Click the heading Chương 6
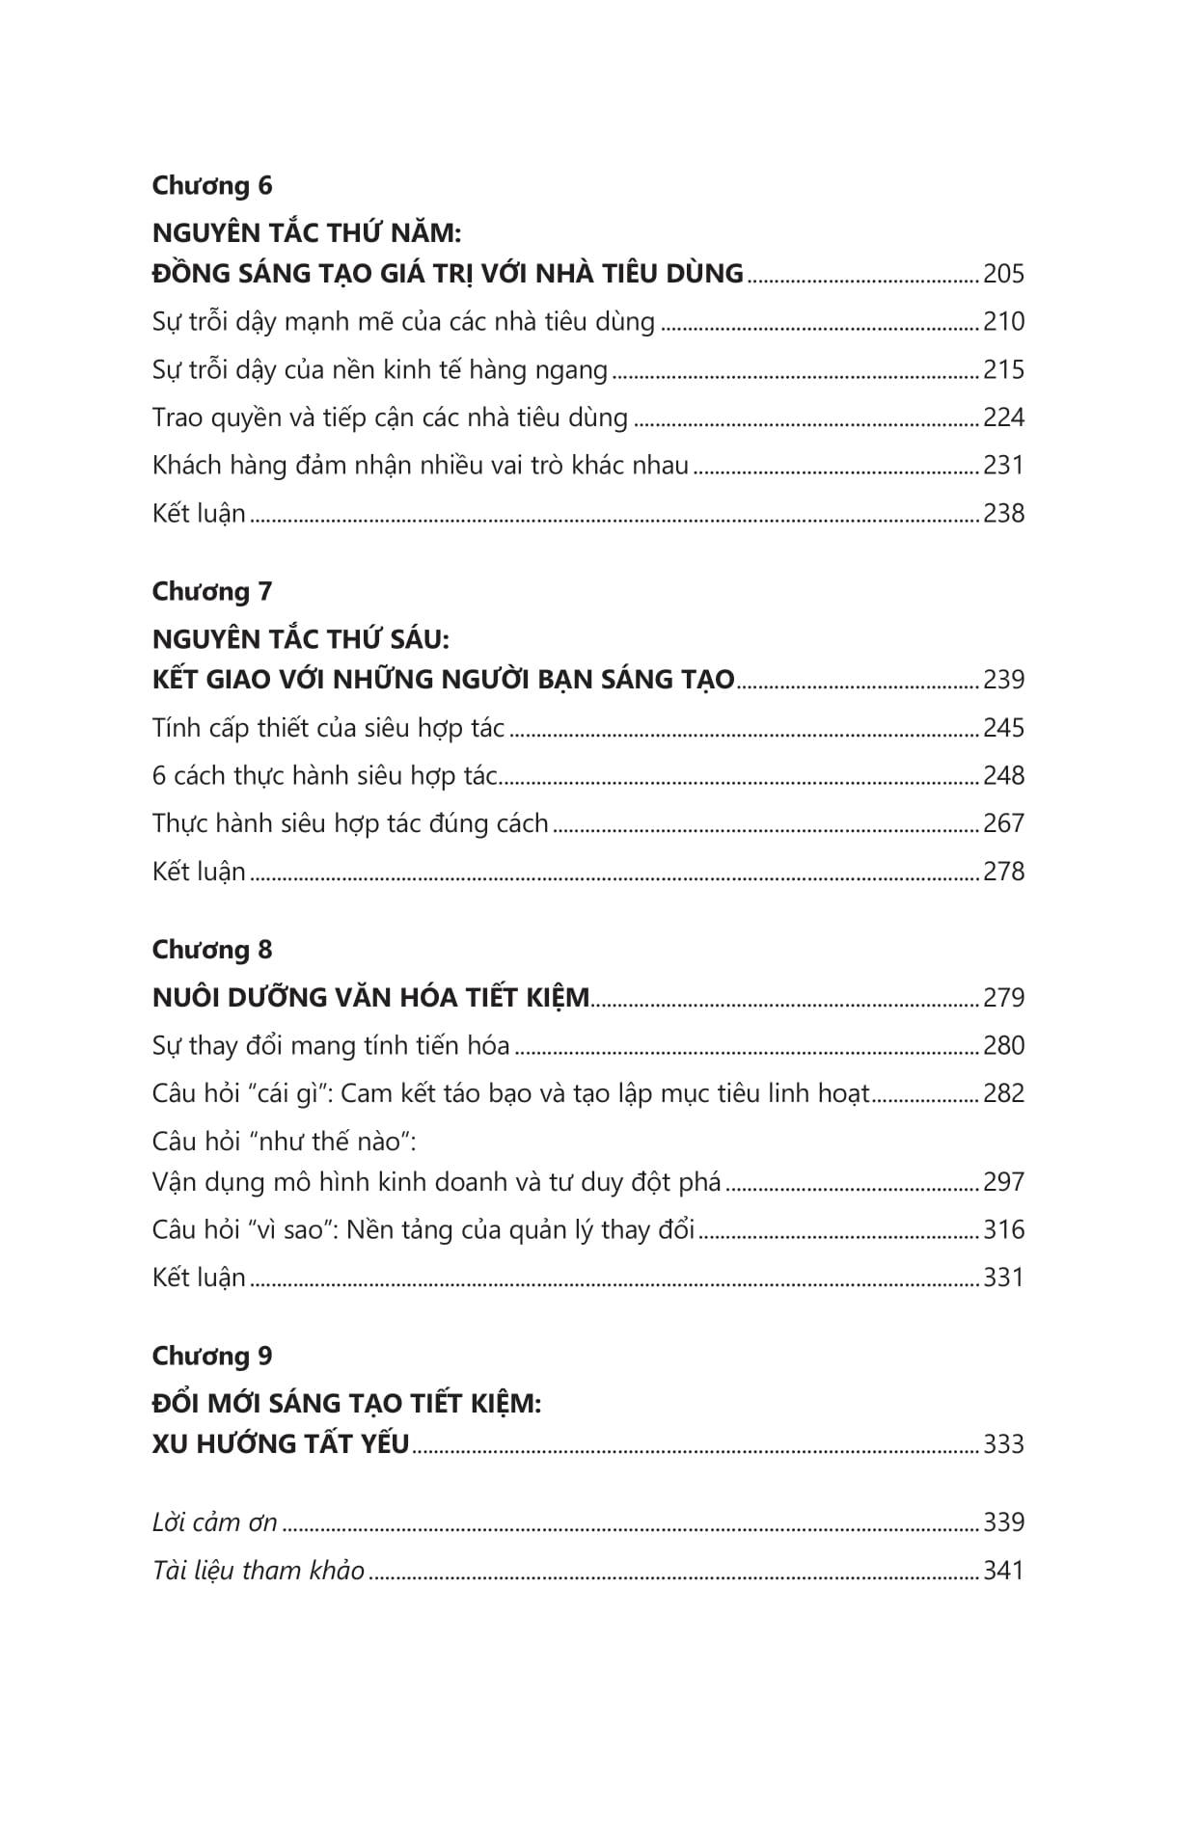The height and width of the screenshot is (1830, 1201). [x=212, y=185]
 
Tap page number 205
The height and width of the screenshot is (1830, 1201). [x=1003, y=275]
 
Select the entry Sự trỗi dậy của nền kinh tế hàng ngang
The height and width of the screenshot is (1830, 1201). [x=380, y=370]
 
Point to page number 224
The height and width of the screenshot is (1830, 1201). [x=1003, y=418]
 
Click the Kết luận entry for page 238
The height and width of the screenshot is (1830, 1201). [x=199, y=514]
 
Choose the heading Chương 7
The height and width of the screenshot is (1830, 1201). [x=212, y=591]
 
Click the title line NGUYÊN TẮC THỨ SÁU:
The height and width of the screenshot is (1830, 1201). [x=301, y=639]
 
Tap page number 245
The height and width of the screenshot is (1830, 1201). [x=1003, y=729]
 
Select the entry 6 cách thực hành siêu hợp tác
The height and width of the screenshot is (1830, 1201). [x=325, y=776]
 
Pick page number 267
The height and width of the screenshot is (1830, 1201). [x=1003, y=824]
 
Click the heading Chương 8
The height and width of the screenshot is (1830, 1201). [x=212, y=950]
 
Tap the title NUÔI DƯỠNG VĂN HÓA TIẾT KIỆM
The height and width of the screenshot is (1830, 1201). [x=370, y=998]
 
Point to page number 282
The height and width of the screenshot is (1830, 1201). [x=1003, y=1094]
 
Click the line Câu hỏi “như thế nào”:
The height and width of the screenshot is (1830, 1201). [x=284, y=1143]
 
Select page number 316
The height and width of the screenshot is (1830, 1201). [x=1003, y=1230]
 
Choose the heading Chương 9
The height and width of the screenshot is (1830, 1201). [x=212, y=1356]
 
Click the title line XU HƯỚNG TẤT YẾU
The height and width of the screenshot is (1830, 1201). [x=281, y=1444]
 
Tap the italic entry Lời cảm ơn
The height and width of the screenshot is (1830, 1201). [x=215, y=1523]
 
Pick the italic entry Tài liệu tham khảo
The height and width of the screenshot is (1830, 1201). [x=259, y=1572]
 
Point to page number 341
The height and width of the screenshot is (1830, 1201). [x=1003, y=1572]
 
